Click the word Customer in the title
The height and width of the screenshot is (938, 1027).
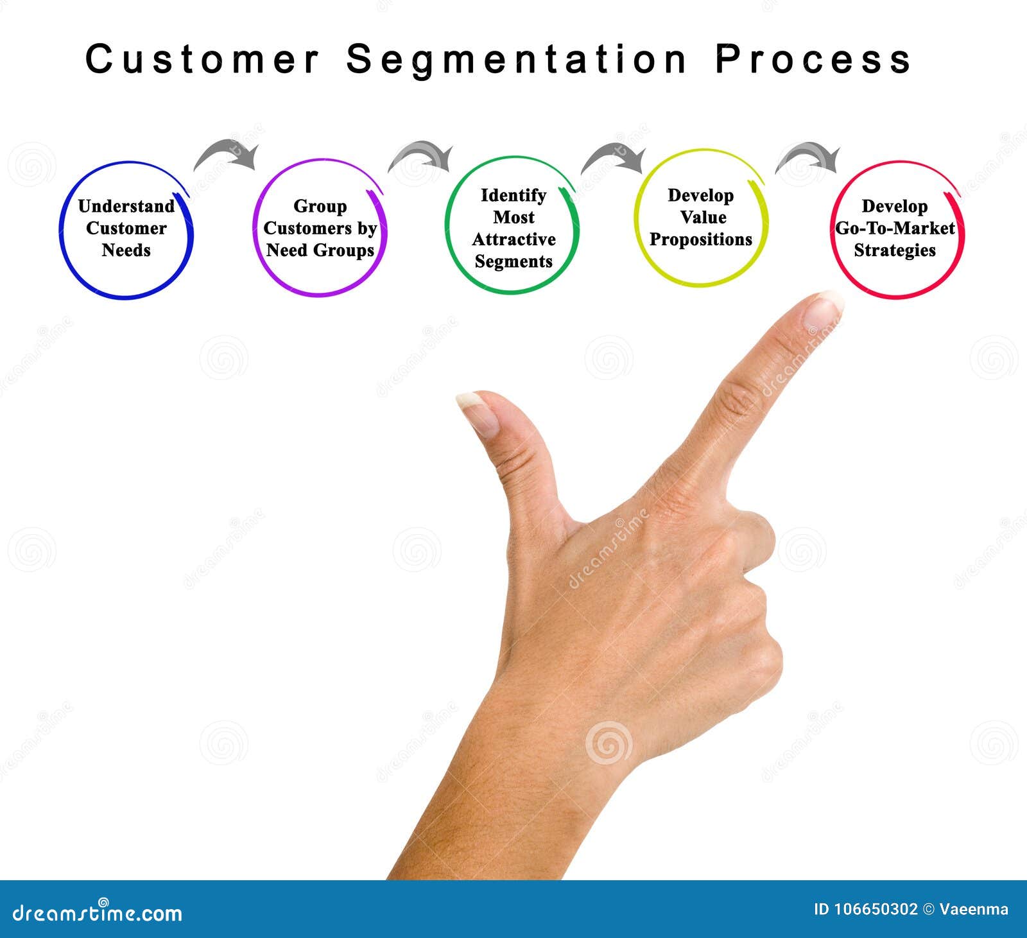(x=202, y=59)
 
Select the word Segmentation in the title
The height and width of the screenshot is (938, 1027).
(x=517, y=60)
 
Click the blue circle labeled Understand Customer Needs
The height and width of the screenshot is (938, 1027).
(x=126, y=229)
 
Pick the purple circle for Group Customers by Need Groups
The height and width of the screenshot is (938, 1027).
(x=320, y=228)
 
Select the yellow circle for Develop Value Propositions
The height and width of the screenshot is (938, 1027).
(x=701, y=218)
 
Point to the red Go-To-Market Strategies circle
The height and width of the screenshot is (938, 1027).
(x=897, y=229)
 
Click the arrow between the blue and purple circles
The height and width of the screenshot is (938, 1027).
(x=227, y=155)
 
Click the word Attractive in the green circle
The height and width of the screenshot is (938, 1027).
(x=513, y=239)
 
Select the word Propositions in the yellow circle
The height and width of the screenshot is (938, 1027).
(x=701, y=239)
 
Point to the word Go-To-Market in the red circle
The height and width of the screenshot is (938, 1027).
(x=895, y=229)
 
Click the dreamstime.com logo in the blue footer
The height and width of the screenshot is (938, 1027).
(x=98, y=912)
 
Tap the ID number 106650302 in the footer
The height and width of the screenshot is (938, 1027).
(x=876, y=909)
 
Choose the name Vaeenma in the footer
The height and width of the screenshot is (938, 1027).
(x=974, y=909)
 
